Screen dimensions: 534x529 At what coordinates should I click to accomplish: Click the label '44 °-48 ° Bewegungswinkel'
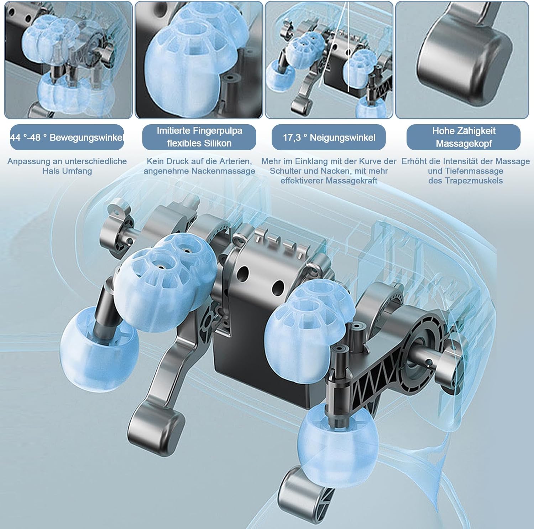click(67, 138)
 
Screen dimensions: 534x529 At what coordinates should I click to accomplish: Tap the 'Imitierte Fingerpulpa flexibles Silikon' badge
click(199, 137)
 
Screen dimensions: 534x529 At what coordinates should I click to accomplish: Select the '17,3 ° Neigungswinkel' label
click(329, 138)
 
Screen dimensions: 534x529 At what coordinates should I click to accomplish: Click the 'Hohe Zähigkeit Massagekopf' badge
click(464, 138)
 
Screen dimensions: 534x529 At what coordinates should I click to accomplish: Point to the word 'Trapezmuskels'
click(466, 181)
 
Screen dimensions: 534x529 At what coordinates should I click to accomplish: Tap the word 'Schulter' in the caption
click(285, 171)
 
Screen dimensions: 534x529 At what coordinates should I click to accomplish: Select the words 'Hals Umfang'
click(67, 171)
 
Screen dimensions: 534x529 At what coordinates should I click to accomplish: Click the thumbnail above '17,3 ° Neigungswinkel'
click(329, 60)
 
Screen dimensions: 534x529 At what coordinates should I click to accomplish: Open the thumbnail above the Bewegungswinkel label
click(68, 60)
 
